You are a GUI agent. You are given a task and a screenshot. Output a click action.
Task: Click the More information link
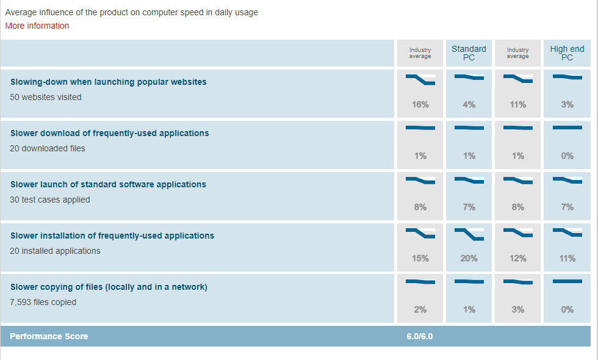pos(37,26)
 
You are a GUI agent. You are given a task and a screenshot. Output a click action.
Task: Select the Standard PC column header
pos(469,53)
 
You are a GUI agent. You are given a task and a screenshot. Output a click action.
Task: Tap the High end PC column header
pos(567,53)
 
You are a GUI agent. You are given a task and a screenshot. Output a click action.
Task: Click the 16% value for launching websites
pos(420,104)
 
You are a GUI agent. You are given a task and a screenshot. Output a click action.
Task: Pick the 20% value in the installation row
pos(469,258)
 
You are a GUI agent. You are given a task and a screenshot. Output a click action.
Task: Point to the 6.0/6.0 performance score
pos(420,336)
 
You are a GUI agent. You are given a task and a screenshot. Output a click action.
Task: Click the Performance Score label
pos(49,336)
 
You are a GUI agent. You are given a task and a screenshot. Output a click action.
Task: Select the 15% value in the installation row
pos(420,258)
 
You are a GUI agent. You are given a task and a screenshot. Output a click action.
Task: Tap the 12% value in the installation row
pos(517,258)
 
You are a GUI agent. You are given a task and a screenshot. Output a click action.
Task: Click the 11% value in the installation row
pos(567,258)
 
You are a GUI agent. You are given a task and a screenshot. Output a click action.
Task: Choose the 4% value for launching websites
pos(469,104)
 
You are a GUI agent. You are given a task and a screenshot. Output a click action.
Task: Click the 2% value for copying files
pos(420,309)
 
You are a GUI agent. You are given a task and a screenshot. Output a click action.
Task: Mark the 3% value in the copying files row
pos(517,309)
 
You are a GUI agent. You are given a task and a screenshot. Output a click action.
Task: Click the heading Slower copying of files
pos(109,287)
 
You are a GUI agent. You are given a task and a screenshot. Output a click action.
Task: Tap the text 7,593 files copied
pos(43,302)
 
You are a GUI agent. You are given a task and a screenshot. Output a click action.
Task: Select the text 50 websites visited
pos(46,97)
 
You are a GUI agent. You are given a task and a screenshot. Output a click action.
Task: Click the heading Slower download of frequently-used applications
pos(109,133)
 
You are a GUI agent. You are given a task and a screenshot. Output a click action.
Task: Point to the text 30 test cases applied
pos(50,200)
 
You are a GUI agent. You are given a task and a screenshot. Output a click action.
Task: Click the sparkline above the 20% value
pos(469,233)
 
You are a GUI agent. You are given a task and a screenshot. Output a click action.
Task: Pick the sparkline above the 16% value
pos(420,79)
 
